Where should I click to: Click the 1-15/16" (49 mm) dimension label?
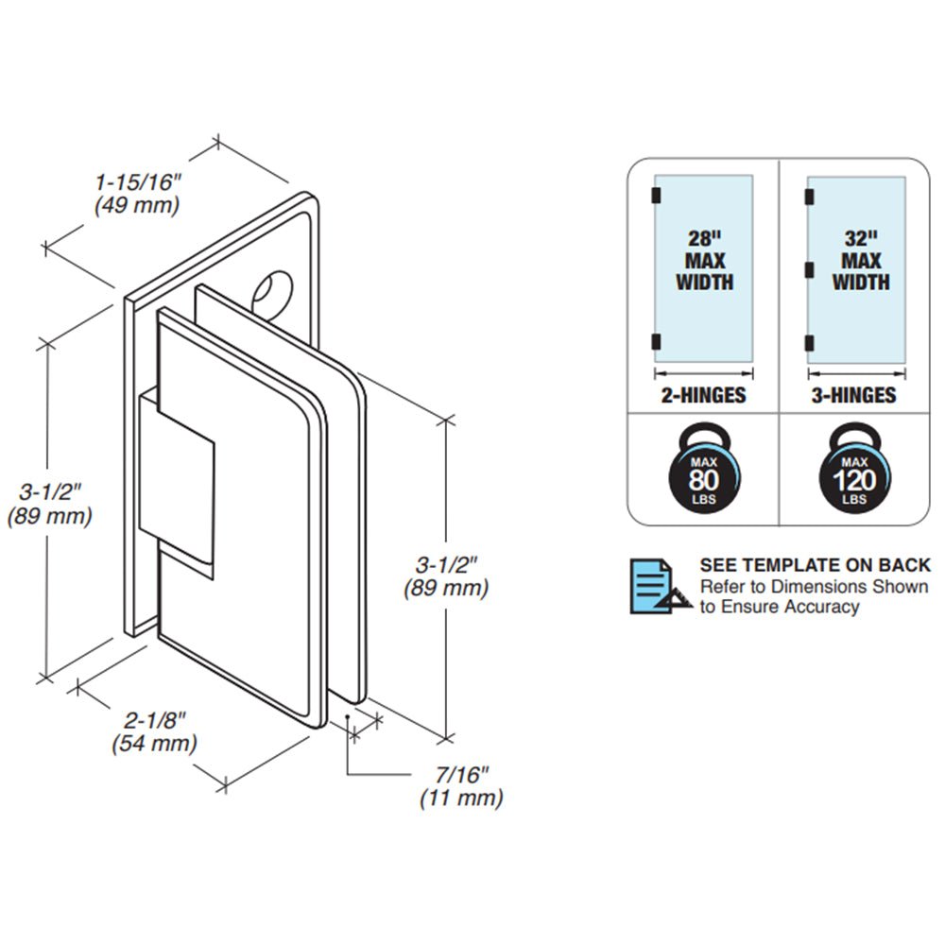tap(138, 192)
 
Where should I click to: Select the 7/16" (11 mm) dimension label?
tap(461, 786)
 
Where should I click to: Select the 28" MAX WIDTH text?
tap(704, 260)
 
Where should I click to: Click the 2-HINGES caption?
tap(703, 395)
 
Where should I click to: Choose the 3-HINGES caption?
tap(853, 395)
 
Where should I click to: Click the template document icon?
tap(655, 586)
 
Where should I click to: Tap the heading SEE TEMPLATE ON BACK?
tap(815, 565)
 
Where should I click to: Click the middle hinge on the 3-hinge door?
tap(808, 270)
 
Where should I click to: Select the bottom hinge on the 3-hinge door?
tap(808, 343)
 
